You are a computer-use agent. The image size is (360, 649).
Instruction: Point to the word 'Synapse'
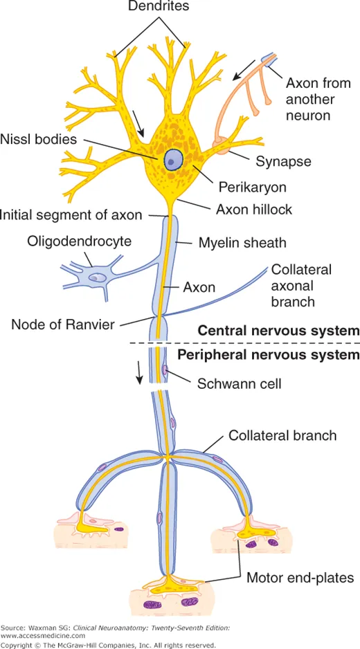tap(283, 161)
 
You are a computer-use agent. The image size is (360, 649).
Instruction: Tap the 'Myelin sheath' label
tap(242, 243)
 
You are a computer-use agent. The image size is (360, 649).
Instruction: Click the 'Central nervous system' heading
tap(278, 330)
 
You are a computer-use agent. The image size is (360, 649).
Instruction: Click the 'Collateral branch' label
tap(282, 435)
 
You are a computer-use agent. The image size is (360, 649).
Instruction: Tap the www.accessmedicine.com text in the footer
tap(43, 634)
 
